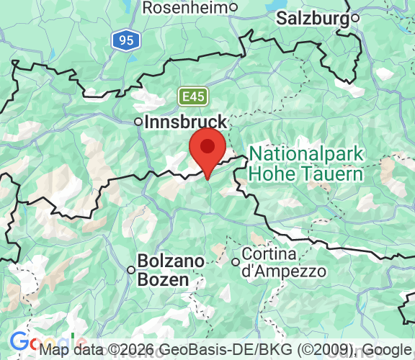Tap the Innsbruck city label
click(x=186, y=122)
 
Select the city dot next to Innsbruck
click(x=138, y=122)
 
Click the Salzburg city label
click(x=313, y=18)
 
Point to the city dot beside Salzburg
click(x=355, y=18)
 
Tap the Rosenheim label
click(x=185, y=8)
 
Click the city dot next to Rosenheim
click(x=233, y=8)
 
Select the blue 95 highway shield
click(x=126, y=40)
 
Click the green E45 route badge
click(x=191, y=95)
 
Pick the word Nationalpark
click(x=307, y=155)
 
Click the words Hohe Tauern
click(x=305, y=174)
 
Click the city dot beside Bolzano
click(x=131, y=270)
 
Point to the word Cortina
click(x=269, y=255)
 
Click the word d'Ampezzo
click(x=284, y=272)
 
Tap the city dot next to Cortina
click(x=235, y=262)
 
